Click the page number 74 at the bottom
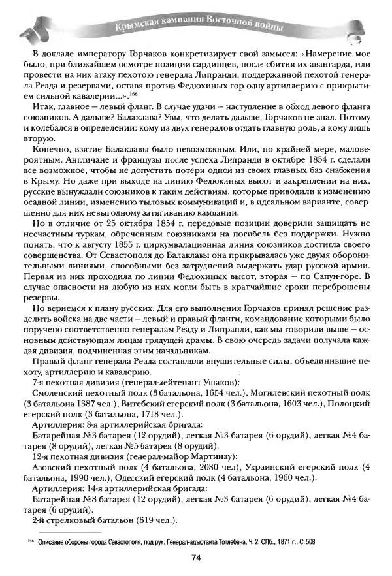[x=195, y=557]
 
